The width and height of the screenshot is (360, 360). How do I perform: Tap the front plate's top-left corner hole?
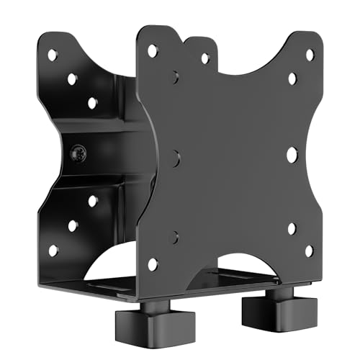153,50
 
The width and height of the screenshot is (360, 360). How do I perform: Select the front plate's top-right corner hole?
310,54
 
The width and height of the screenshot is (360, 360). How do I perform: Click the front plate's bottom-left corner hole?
152,264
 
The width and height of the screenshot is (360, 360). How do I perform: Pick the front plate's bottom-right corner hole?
309,251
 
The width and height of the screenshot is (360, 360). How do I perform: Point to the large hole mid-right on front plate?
292,154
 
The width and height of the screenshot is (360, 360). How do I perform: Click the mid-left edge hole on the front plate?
175,158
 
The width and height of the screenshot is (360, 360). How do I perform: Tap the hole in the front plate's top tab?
205,58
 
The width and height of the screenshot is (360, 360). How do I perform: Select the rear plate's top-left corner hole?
53,55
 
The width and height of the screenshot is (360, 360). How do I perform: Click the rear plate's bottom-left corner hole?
53,251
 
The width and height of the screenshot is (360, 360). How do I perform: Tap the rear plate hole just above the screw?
93,102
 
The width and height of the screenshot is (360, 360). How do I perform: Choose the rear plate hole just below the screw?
93,202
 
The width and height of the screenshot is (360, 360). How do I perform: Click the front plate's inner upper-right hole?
292,78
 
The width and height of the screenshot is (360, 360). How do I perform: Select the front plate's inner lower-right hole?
292,228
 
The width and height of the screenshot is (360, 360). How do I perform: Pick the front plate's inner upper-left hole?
175,76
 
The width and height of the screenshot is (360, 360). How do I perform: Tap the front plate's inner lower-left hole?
175,235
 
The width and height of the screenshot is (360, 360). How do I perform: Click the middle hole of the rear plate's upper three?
73,78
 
